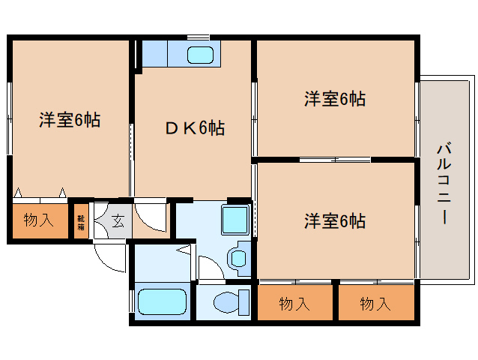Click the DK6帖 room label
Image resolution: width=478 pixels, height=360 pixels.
[194, 128]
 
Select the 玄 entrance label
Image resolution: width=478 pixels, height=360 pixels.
[118, 220]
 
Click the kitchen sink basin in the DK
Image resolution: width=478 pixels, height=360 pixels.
[201, 55]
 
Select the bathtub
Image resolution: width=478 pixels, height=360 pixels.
[163, 301]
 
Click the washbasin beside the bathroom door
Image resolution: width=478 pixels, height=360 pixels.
[239, 257]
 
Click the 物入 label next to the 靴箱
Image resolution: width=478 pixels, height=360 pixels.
[38, 220]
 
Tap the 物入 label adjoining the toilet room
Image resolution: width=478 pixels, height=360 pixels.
[294, 304]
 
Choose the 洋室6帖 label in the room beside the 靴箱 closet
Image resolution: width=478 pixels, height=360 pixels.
[70, 119]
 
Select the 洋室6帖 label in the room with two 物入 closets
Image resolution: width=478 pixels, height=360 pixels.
[334, 221]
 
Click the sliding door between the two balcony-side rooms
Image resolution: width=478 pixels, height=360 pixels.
[334, 160]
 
